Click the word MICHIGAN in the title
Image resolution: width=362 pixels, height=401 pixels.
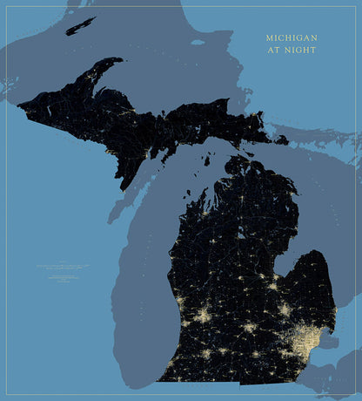point(292,38)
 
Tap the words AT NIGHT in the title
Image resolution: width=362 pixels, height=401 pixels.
point(292,51)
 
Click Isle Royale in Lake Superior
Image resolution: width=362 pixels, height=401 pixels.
point(80,25)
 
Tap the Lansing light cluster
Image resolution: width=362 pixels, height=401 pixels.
point(250,328)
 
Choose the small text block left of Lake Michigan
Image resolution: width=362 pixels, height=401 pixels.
point(65,270)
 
